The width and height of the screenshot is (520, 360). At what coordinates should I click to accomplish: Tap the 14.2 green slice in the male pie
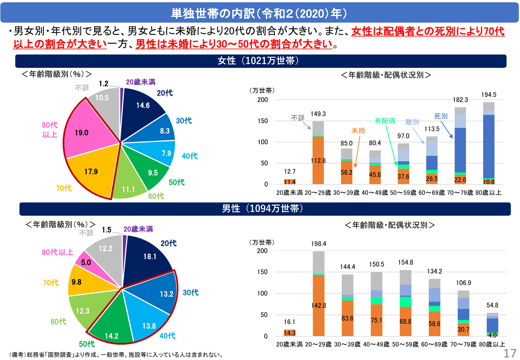tap(112, 330)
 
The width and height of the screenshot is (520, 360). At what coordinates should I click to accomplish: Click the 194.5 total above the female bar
tap(489, 95)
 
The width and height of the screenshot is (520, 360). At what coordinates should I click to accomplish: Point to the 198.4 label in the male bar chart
tap(318, 244)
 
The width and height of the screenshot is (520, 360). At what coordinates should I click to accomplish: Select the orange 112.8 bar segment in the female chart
tap(318, 161)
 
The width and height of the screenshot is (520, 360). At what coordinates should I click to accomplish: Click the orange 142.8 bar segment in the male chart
tap(318, 306)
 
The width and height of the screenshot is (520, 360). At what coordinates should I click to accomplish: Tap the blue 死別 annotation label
tap(441, 116)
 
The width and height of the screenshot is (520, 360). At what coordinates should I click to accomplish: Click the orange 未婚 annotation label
tap(358, 131)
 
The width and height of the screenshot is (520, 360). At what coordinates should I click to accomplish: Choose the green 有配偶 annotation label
tap(385, 121)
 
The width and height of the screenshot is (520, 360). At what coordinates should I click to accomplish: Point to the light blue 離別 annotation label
tap(412, 122)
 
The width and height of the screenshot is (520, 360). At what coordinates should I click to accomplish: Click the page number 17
tap(509, 354)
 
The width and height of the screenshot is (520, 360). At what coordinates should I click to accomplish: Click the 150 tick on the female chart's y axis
tap(262, 121)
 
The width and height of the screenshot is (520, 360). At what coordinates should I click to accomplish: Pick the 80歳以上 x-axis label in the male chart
tap(492, 344)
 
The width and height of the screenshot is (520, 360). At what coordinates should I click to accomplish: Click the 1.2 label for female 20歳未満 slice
tap(104, 84)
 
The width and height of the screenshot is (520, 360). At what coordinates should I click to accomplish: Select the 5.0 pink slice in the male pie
tap(86, 263)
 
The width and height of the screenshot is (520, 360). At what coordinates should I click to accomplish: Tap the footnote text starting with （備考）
tap(117, 355)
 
